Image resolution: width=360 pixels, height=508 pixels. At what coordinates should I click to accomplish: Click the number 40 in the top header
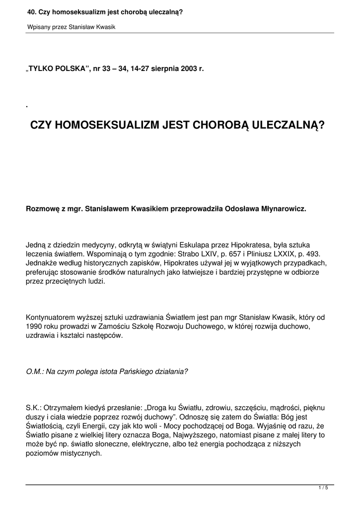coord(31,11)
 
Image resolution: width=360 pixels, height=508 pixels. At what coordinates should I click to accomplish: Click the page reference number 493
coord(314,254)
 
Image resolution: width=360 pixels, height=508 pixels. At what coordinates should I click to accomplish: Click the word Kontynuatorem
coord(51,317)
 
